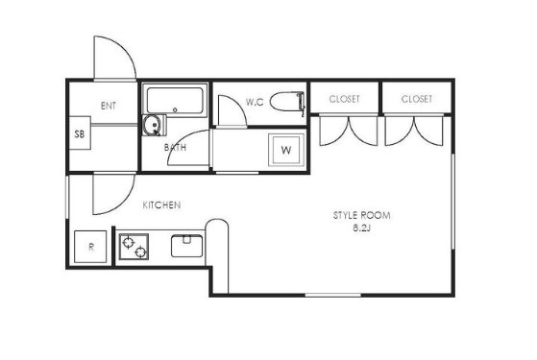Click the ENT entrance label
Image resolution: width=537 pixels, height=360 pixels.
(x=109, y=106)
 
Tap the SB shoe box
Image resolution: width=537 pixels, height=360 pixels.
(x=80, y=133)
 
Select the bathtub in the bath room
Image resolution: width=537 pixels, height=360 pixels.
(x=175, y=100)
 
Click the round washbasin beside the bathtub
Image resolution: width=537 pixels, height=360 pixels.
(x=152, y=124)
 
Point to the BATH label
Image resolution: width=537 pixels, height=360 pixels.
(x=175, y=148)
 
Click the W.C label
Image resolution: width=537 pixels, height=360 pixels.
(x=255, y=102)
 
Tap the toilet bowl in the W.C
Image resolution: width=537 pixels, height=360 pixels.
(x=287, y=102)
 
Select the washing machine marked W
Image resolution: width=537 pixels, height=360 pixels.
(x=286, y=150)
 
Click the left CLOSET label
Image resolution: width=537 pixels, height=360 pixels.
(x=344, y=99)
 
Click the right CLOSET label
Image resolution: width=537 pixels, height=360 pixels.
(x=417, y=99)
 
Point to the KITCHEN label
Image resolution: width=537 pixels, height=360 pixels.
(x=161, y=205)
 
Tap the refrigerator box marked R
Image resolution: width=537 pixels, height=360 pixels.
(x=90, y=247)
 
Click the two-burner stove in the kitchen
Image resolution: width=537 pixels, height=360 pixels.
(x=134, y=247)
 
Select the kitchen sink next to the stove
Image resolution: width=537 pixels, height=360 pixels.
(x=186, y=246)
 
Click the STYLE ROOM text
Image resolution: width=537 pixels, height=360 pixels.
(x=361, y=215)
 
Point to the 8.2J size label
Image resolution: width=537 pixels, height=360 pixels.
(x=361, y=228)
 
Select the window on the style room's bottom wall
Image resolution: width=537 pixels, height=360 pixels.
(x=333, y=295)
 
